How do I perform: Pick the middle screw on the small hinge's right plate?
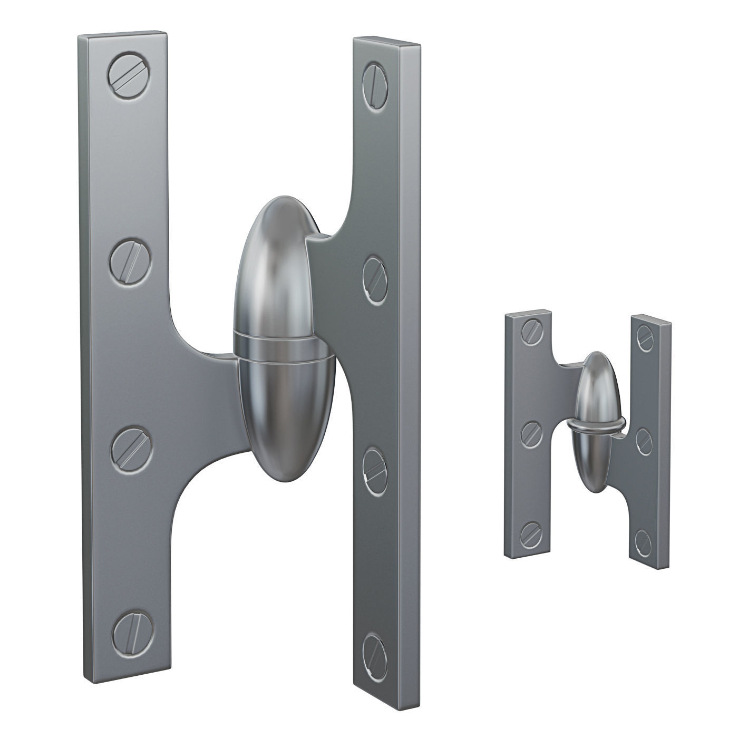click(x=645, y=436)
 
